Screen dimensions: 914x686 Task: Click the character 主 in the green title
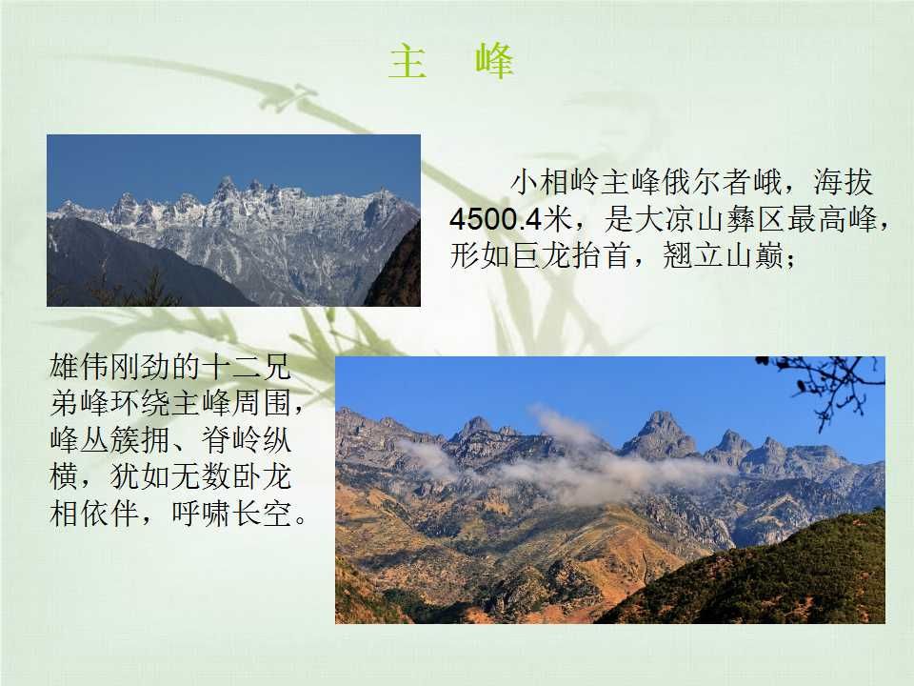click(x=407, y=62)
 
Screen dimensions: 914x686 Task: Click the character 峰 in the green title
click(x=494, y=61)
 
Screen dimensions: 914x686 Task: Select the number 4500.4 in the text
click(x=495, y=220)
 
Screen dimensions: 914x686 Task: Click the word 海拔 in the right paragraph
click(x=844, y=183)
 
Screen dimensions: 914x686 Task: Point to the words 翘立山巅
click(x=724, y=255)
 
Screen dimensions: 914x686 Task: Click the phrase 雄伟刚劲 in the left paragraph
click(x=109, y=368)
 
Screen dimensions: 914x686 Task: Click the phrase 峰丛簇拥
click(x=109, y=440)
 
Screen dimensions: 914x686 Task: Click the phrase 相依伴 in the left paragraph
click(x=94, y=514)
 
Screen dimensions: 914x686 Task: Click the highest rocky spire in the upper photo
click(x=225, y=188)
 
